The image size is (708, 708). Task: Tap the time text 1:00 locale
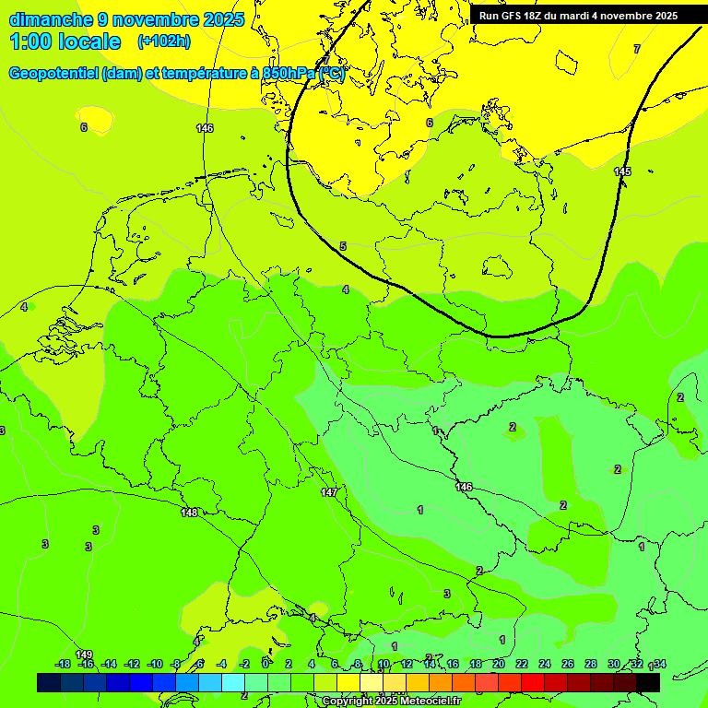pyautogui.click(x=65, y=41)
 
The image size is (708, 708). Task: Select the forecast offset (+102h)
pyautogui.click(x=163, y=41)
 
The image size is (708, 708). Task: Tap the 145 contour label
pyautogui.click(x=622, y=171)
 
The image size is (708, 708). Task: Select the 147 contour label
pyautogui.click(x=329, y=493)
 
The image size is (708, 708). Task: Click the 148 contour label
pyautogui.click(x=190, y=513)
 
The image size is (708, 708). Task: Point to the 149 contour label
pyautogui.click(x=84, y=655)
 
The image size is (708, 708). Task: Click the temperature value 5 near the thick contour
pyautogui.click(x=343, y=246)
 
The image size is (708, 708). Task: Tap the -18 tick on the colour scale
pyautogui.click(x=63, y=664)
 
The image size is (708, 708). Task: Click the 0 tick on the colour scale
pyautogui.click(x=265, y=664)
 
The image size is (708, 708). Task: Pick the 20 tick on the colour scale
pyautogui.click(x=499, y=664)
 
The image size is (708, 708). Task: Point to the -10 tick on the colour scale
pyautogui.click(x=155, y=664)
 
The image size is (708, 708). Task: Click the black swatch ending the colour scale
pyautogui.click(x=648, y=682)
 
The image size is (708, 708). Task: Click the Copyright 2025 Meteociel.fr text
pyautogui.click(x=391, y=701)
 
